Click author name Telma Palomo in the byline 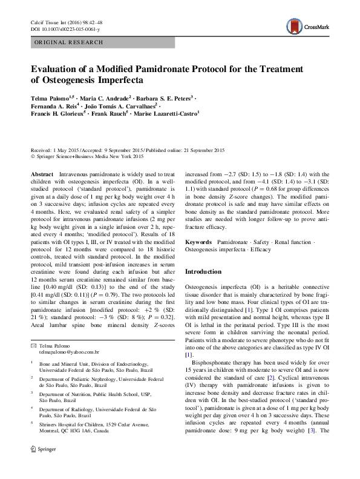coord(49,97)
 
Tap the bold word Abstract coord(42,174)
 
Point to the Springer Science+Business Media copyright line coord(88,156)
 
